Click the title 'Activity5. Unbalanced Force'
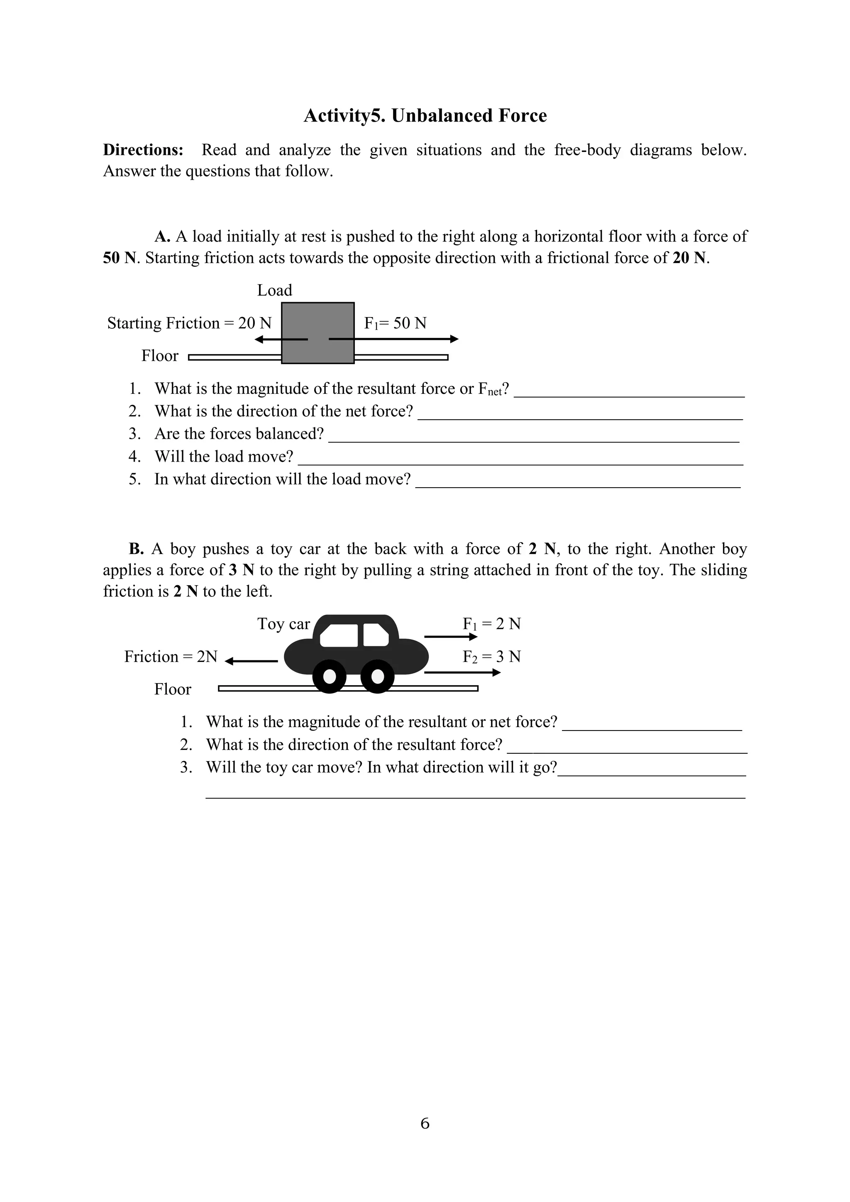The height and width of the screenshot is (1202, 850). pos(425,116)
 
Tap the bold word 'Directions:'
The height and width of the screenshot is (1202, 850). pos(143,150)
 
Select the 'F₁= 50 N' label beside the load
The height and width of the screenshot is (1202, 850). pos(395,323)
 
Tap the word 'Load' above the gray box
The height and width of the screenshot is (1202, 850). pos(274,290)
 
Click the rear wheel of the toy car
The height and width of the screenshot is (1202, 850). pos(329,677)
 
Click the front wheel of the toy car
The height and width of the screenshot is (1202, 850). pos(377,677)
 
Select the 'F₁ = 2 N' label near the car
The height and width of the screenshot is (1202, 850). pos(491,624)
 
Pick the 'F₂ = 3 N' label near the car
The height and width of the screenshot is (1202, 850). pos(491,657)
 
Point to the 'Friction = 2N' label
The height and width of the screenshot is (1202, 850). pos(171,657)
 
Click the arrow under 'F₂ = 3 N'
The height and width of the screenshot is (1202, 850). pos(462,673)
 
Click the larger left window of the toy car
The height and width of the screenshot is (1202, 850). pos(339,635)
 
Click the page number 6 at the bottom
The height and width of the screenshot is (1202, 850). pos(425,1124)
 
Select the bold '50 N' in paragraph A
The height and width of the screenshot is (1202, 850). pos(120,258)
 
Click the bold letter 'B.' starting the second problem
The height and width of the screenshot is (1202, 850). pos(136,549)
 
